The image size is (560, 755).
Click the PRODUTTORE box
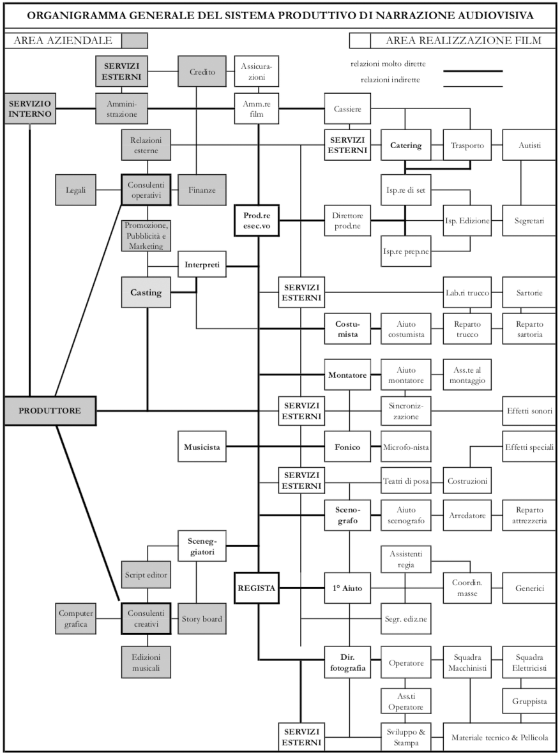(50, 411)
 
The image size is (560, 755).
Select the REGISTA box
(257, 589)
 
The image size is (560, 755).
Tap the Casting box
(146, 292)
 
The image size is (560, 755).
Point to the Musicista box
(202, 447)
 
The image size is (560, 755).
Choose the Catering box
(405, 146)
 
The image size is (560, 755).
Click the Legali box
(75, 190)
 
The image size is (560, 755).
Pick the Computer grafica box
(75, 618)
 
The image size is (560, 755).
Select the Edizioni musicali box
(146, 662)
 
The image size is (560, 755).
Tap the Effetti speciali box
(529, 447)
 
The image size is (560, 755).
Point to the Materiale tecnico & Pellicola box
(499, 738)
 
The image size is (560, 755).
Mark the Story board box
(202, 618)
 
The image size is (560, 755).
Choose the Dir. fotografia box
(349, 662)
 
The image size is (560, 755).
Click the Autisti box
(529, 146)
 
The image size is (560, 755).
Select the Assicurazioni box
(257, 71)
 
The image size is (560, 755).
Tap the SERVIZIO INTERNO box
(30, 108)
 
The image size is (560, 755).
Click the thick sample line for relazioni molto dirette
(473, 71)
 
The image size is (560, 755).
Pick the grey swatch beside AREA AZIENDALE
(135, 41)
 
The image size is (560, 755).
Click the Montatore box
(349, 375)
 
